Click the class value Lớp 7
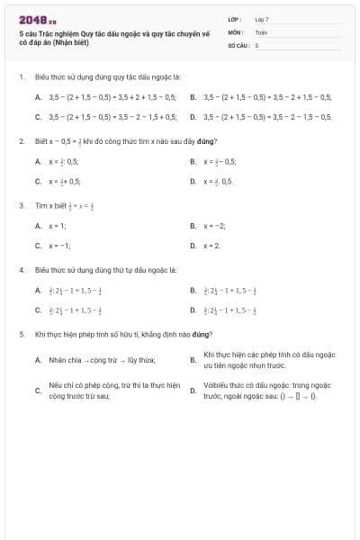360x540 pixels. pos(262,19)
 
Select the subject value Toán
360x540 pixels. pos(261,31)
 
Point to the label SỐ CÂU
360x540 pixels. pos(237,44)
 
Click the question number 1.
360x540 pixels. pos(21,77)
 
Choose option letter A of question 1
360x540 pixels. pos(38,96)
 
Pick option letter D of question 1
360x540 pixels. pos(193,117)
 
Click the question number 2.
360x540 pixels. pos(21,141)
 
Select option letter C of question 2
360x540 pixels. pos(38,181)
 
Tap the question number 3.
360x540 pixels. pos(21,205)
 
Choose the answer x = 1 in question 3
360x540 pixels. pos(58,226)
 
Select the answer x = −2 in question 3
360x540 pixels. pos(214,226)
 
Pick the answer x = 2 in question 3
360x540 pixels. pos(211,245)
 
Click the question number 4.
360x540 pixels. pos(21,270)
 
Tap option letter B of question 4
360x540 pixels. pos(193,291)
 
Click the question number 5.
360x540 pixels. pos(21,334)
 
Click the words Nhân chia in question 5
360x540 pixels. pos(63,360)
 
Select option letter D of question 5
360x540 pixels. pos(193,390)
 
